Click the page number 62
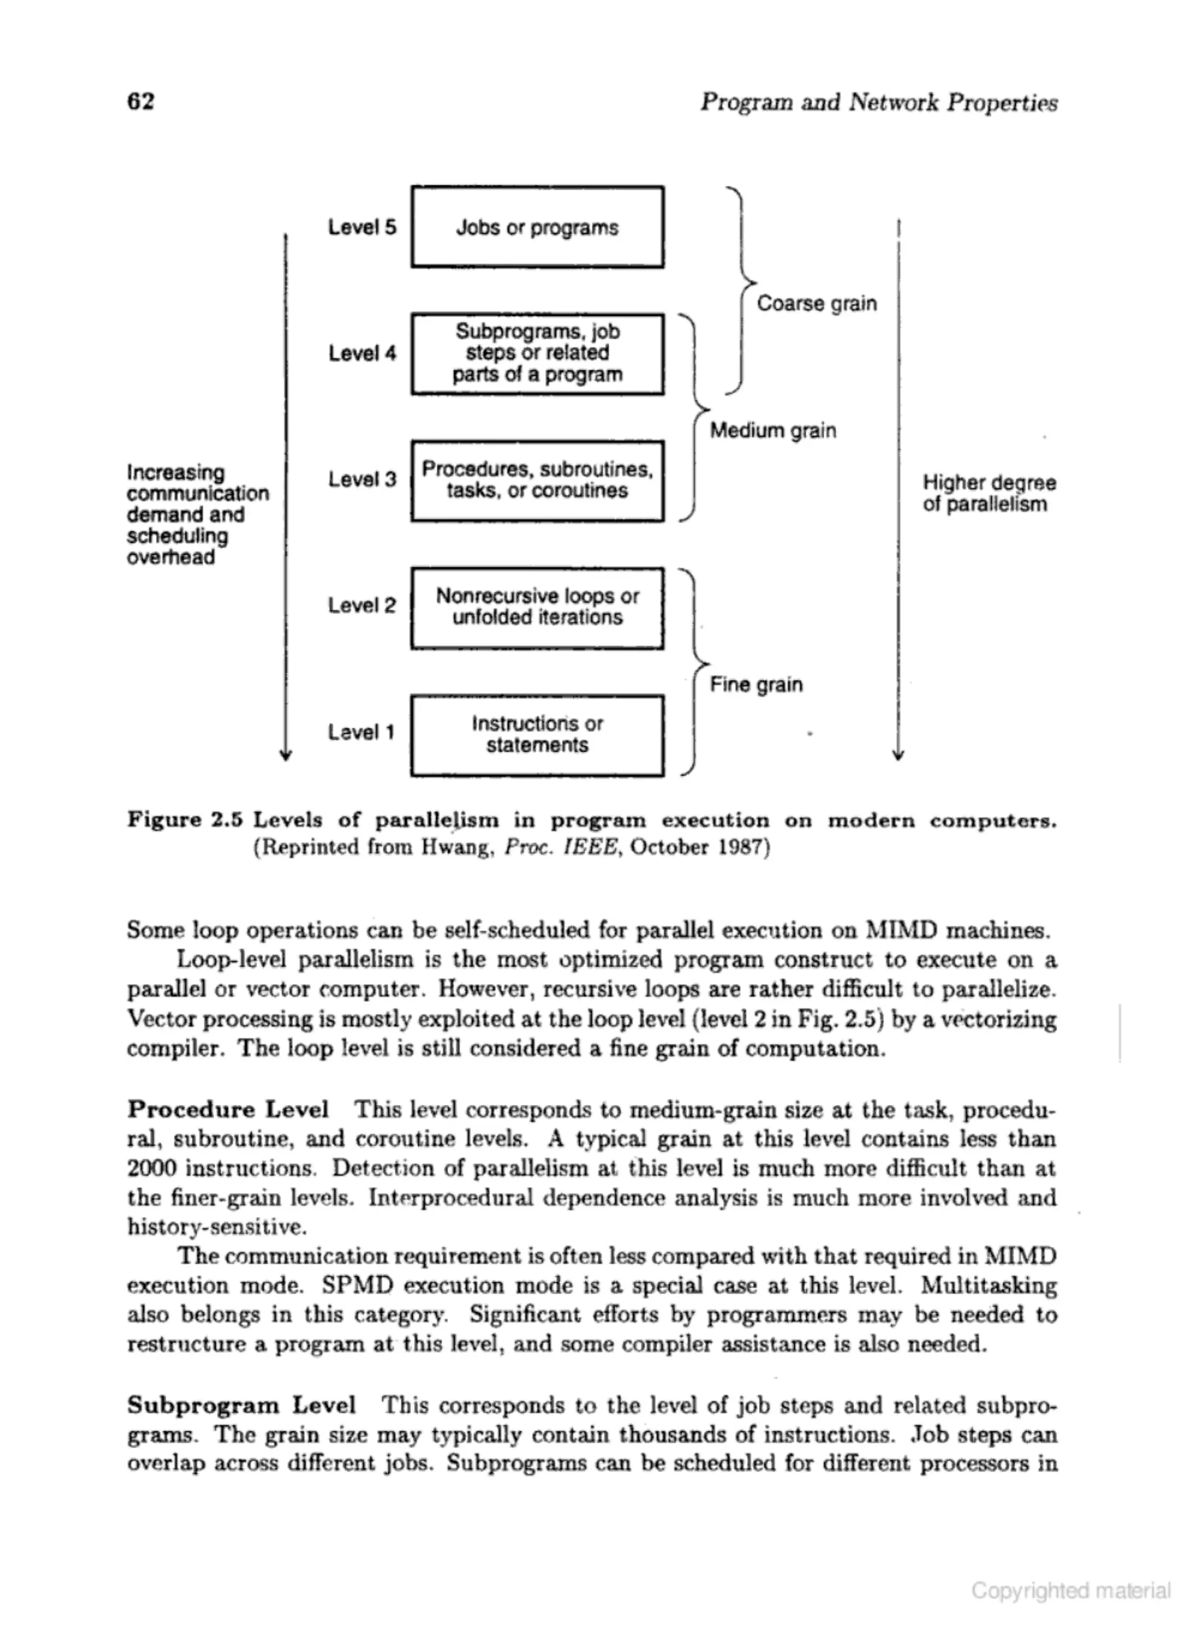(x=141, y=101)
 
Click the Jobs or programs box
(x=537, y=227)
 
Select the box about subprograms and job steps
(x=537, y=353)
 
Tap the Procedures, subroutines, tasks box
(x=537, y=480)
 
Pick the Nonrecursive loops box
(x=537, y=608)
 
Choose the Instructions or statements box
(x=537, y=735)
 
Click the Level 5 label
(x=362, y=227)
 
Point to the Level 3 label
(x=362, y=480)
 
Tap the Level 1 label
(x=361, y=733)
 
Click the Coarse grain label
(x=816, y=304)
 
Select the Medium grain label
(x=772, y=431)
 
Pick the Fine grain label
(x=756, y=684)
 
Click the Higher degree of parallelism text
(x=988, y=494)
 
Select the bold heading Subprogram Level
(x=241, y=1405)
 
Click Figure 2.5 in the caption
(x=185, y=820)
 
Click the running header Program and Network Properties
(x=878, y=103)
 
